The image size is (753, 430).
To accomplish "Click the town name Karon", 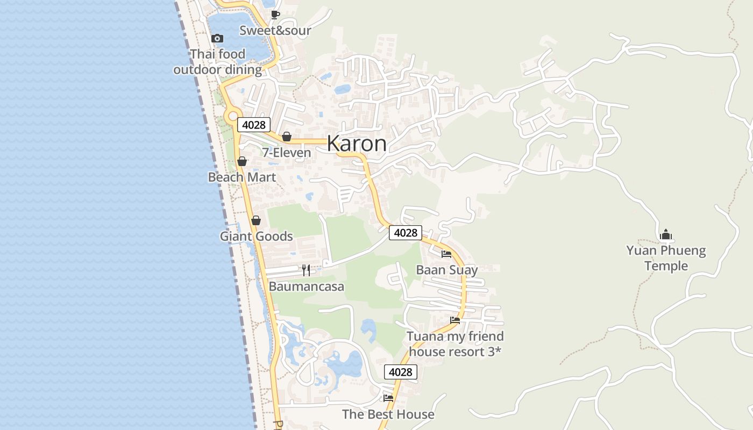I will pyautogui.click(x=356, y=144).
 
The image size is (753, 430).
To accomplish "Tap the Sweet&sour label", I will pyautogui.click(x=275, y=31).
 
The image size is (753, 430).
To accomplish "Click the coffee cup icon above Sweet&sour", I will pyautogui.click(x=275, y=15).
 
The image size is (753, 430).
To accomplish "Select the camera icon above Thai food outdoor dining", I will pyautogui.click(x=217, y=38).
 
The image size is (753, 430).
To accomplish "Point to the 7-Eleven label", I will pyautogui.click(x=286, y=153).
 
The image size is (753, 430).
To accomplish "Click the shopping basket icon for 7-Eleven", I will pyautogui.click(x=287, y=137).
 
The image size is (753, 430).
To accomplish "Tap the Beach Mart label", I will pyautogui.click(x=242, y=177).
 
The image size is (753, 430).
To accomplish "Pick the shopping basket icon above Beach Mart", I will pyautogui.click(x=242, y=161).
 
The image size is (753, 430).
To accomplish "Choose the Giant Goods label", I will pyautogui.click(x=256, y=236).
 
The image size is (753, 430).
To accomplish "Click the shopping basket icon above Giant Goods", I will pyautogui.click(x=256, y=220).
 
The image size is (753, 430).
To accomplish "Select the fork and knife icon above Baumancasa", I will pyautogui.click(x=306, y=270).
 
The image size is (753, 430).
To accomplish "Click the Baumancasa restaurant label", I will pyautogui.click(x=306, y=286).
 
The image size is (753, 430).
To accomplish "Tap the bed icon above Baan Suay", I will pyautogui.click(x=446, y=254).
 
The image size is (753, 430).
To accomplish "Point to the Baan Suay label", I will pyautogui.click(x=446, y=270).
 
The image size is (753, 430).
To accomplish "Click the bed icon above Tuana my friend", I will pyautogui.click(x=455, y=320).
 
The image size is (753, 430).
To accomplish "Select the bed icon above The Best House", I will pyautogui.click(x=388, y=398).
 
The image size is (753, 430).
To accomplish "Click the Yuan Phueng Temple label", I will pyautogui.click(x=666, y=258).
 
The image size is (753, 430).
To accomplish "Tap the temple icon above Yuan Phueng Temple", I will pyautogui.click(x=666, y=235).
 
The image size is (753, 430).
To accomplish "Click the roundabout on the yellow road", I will pyautogui.click(x=233, y=116).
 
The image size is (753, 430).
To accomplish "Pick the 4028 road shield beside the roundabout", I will pyautogui.click(x=253, y=125).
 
